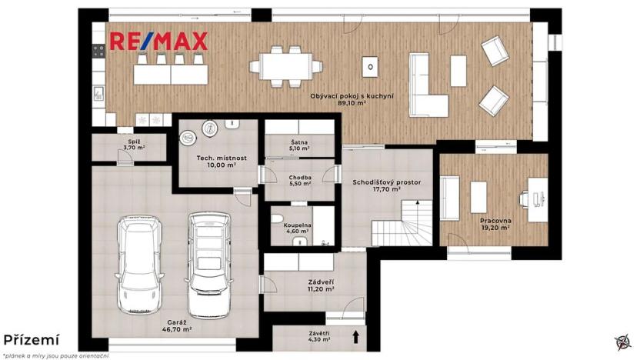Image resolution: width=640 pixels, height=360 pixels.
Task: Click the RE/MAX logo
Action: tap(158, 41)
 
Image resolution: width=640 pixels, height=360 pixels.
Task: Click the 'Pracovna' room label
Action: tap(495, 223)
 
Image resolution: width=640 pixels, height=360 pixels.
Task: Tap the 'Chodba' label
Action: tap(299, 180)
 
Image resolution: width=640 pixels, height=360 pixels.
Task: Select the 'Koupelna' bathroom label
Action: tap(299, 228)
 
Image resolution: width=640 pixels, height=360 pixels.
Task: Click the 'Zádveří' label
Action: tap(318, 287)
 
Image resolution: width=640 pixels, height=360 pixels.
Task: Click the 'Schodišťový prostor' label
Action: tap(386, 185)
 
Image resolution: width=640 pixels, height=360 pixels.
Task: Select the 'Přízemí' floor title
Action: tap(30, 339)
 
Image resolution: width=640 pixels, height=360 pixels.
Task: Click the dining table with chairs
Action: tap(285, 65)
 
